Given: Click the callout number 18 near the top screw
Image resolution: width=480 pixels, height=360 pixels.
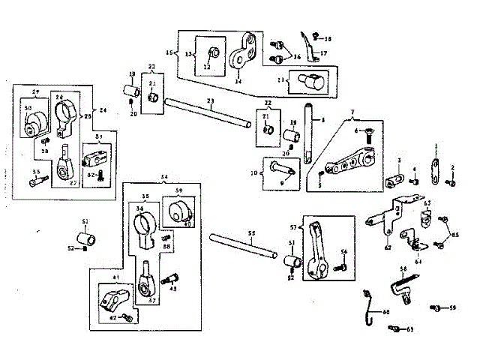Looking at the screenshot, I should click(328, 37).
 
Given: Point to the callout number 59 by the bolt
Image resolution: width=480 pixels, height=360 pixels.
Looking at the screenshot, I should click(453, 307).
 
